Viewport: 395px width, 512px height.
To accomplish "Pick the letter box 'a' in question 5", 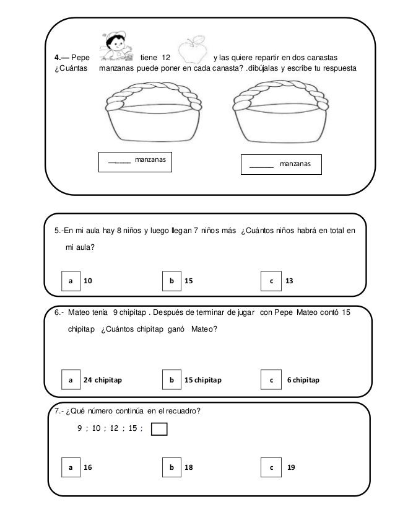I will [71, 281].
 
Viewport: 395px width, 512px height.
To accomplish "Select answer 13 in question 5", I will [289, 281].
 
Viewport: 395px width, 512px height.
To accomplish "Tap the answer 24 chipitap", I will [103, 379].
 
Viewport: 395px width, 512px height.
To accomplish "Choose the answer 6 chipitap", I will [303, 379].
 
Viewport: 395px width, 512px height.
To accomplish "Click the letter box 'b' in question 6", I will [171, 379].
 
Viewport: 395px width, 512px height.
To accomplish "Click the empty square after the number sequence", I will [159, 430].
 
